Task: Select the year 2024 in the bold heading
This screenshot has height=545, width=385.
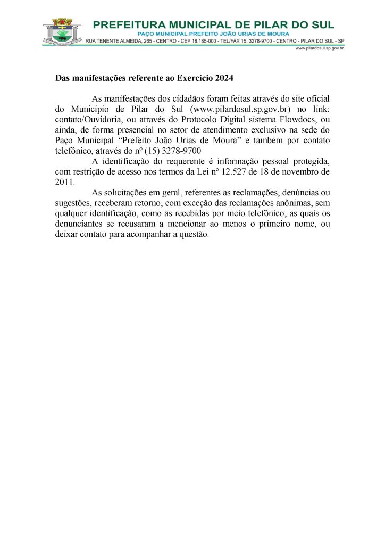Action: (x=225, y=78)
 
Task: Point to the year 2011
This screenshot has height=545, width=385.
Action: (x=64, y=181)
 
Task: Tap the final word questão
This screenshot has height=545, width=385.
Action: (x=194, y=234)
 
